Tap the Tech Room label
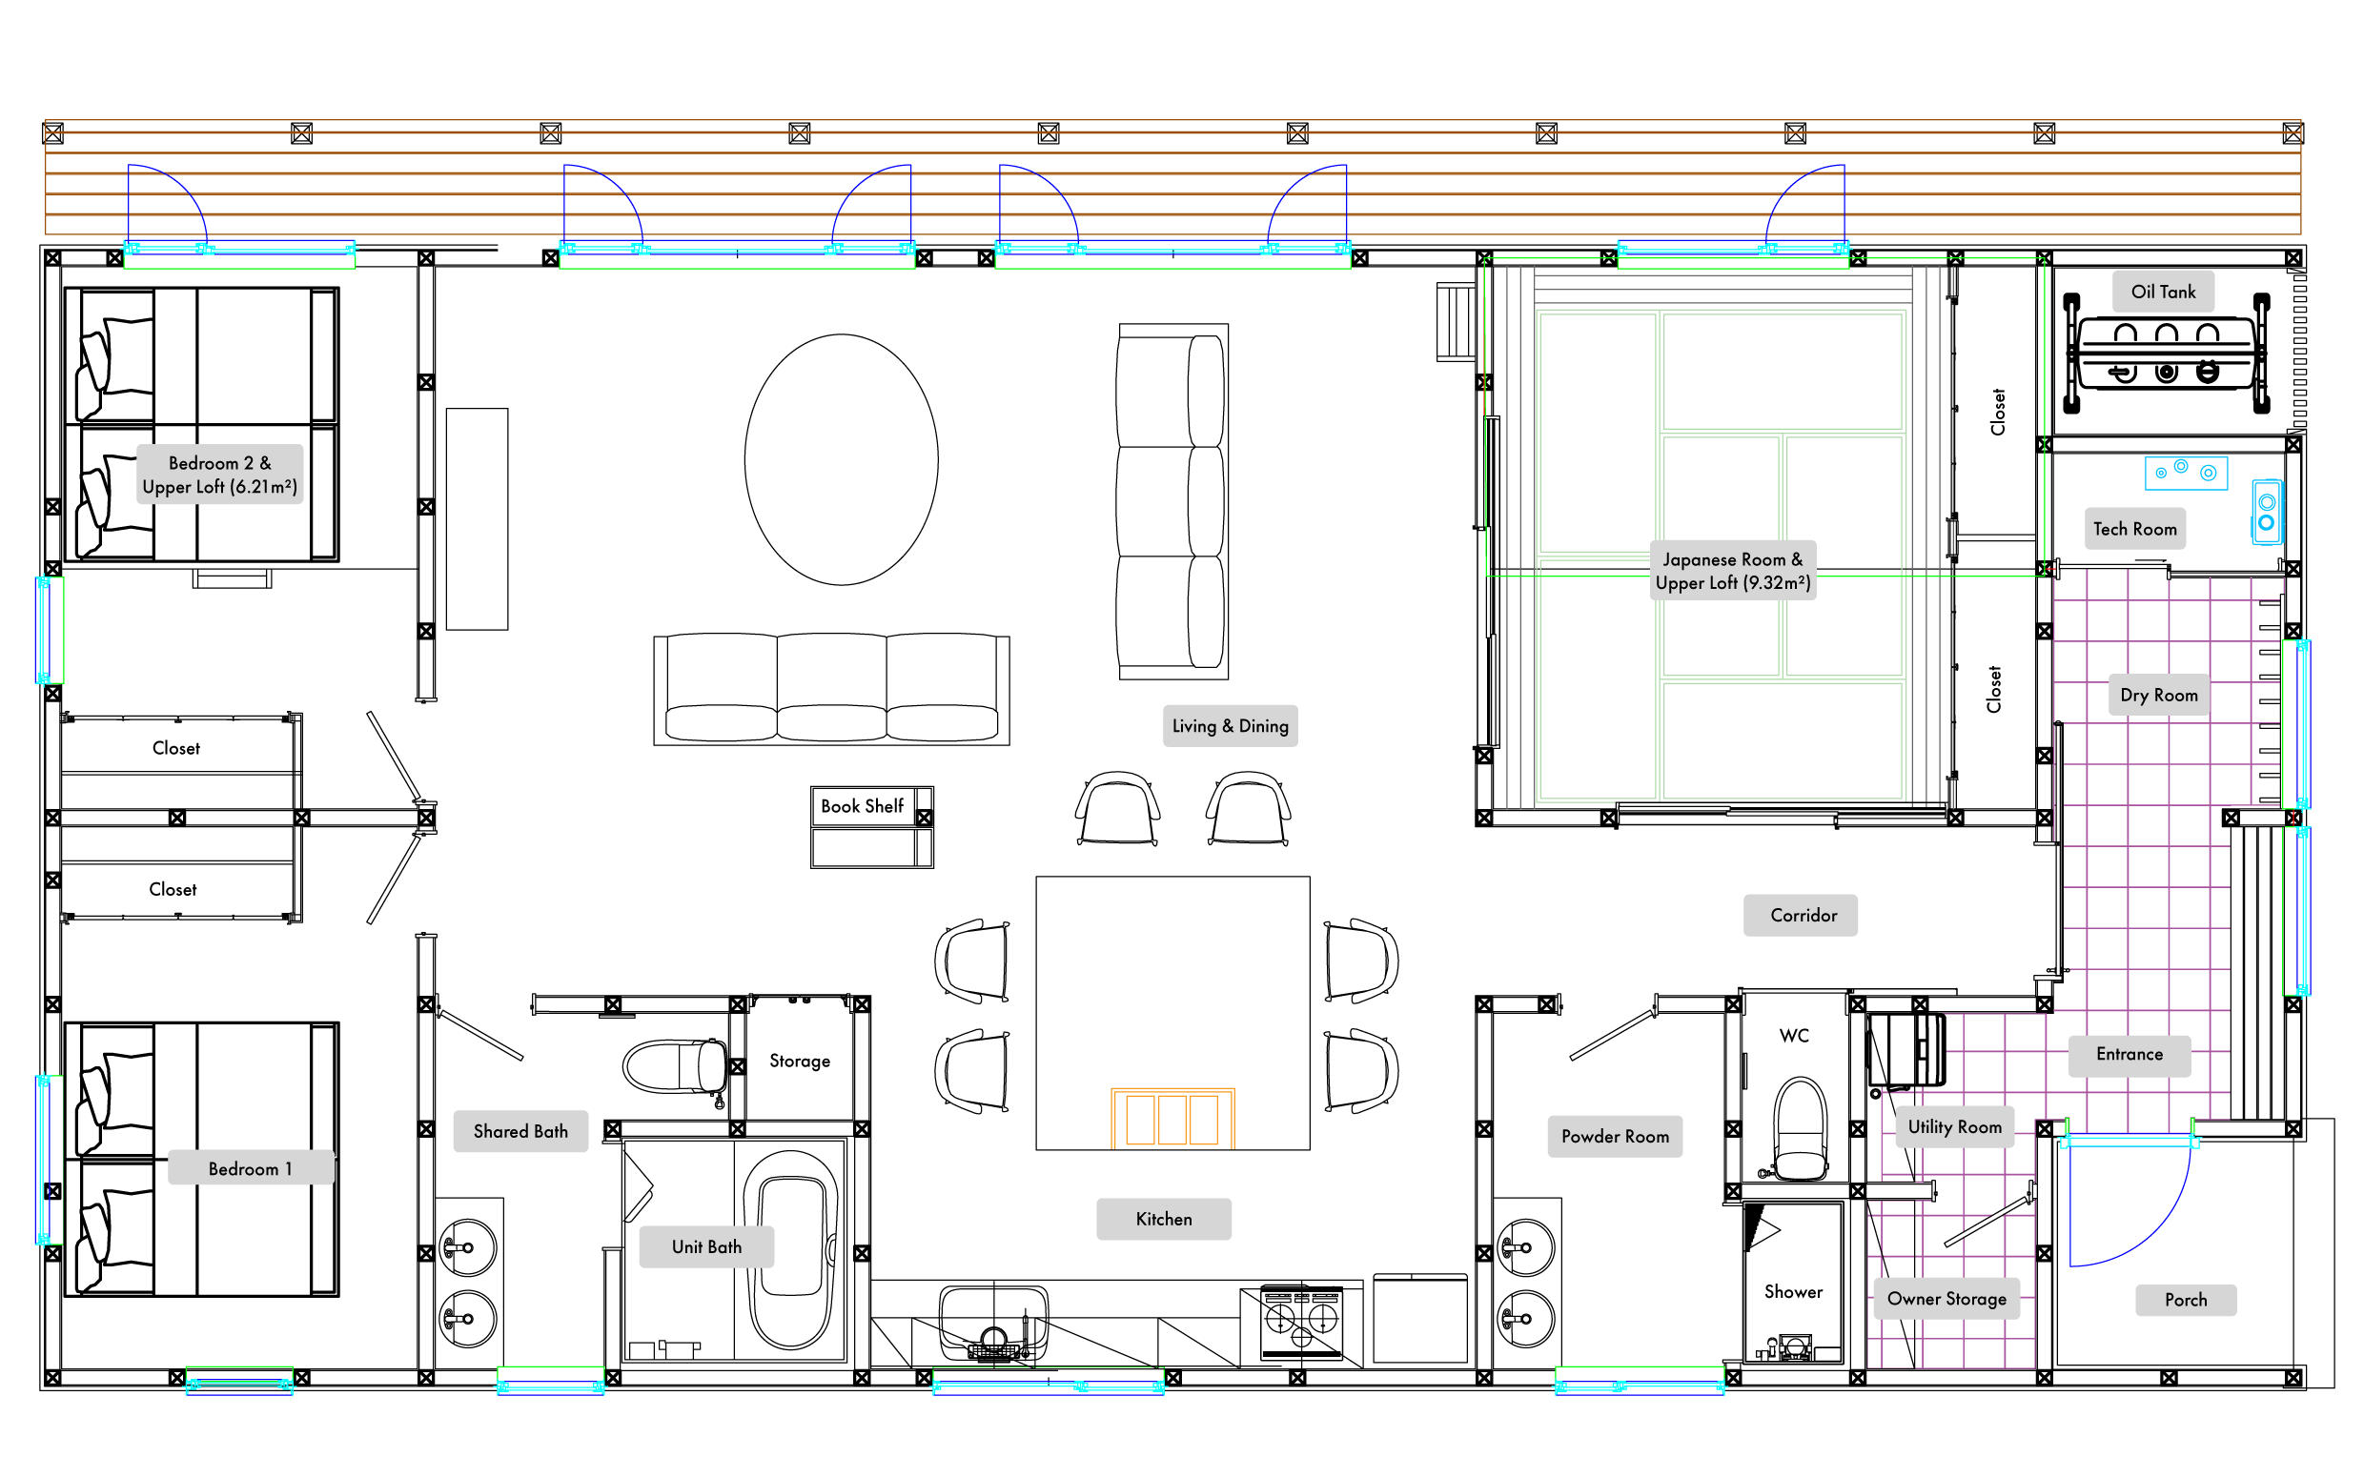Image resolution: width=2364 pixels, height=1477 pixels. coord(2134,529)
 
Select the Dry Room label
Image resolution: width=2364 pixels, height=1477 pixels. coord(2159,695)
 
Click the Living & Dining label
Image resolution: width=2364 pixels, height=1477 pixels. coord(1230,726)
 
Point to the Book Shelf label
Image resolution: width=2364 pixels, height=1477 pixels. coord(862,806)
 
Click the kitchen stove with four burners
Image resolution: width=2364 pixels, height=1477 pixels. coord(1301,1322)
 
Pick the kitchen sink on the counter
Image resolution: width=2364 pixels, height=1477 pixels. coord(993,1322)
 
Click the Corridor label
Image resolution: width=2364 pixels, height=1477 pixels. coord(1801,916)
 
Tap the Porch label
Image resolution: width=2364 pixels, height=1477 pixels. coord(2186,1300)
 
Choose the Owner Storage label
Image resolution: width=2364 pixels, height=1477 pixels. coord(1946,1299)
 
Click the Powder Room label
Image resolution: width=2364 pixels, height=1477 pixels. coord(1615,1136)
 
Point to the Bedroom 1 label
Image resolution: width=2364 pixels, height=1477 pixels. coord(251,1168)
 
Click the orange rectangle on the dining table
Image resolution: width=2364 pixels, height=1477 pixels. coord(1172,1119)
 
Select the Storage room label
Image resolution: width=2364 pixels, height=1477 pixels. coord(800,1061)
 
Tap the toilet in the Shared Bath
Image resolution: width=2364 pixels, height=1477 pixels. coord(675,1066)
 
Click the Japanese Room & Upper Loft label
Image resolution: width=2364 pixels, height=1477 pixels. coord(1733,571)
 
